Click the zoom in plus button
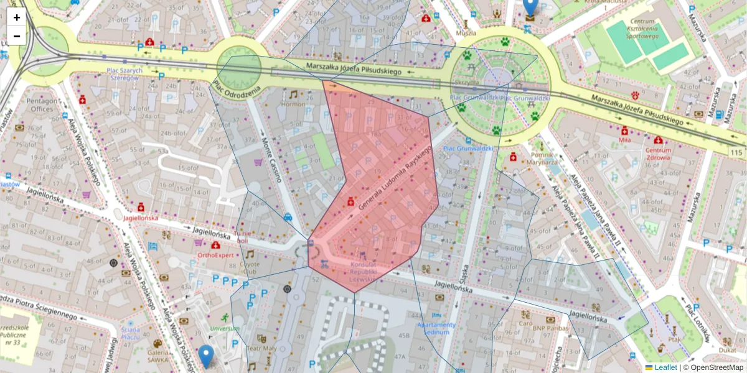point(17,17)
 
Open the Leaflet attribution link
point(665,367)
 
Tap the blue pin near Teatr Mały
point(206,356)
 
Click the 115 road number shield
point(737,153)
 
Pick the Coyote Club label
point(249,267)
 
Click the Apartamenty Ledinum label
point(436,328)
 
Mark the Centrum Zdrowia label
point(658,154)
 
